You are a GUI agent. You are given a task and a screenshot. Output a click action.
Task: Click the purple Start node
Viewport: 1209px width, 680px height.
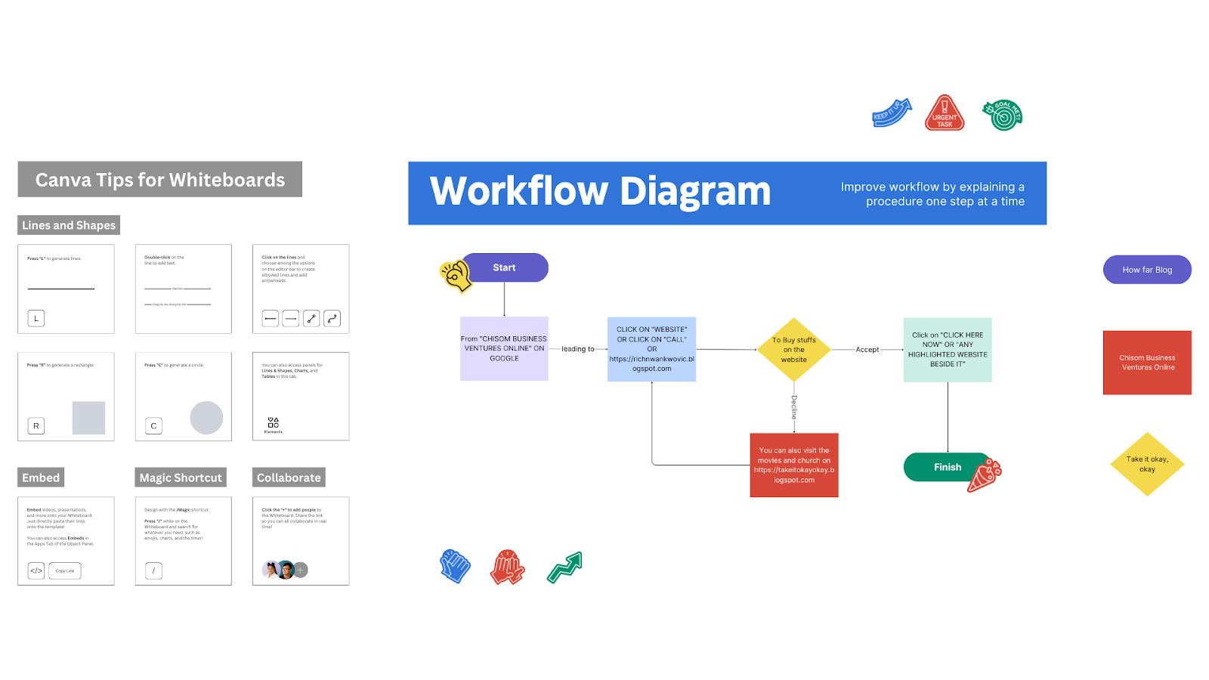505,267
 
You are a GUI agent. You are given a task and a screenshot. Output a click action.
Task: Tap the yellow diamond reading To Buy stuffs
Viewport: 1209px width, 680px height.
794,350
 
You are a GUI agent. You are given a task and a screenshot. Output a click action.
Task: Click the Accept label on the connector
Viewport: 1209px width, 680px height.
867,350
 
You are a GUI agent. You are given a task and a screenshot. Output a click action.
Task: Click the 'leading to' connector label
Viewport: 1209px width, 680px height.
577,349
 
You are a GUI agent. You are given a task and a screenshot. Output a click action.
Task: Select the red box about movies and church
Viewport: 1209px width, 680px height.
794,465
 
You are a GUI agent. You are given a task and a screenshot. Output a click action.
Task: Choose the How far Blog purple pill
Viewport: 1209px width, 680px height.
1147,270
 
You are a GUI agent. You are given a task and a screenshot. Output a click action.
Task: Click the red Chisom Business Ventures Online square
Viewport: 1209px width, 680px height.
1147,363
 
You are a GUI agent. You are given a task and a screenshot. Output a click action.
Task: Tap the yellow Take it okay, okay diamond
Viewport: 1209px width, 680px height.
1147,464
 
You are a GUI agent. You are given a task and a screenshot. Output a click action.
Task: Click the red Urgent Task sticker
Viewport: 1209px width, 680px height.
945,113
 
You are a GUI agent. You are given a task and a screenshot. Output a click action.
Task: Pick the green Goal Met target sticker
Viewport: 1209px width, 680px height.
1003,115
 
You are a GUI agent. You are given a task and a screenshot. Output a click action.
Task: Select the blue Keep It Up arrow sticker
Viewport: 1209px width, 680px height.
892,113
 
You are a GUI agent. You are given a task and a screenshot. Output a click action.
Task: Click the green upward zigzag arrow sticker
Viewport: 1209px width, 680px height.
564,567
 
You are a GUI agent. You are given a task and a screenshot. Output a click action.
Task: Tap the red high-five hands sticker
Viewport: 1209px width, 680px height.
508,567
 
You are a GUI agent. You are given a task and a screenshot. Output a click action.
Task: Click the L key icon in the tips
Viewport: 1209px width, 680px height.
36,318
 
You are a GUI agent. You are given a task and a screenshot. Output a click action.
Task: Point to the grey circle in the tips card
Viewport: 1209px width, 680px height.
206,417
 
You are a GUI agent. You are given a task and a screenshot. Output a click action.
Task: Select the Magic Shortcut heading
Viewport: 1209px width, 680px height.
181,478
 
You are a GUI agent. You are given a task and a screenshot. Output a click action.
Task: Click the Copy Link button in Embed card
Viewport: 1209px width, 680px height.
65,570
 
